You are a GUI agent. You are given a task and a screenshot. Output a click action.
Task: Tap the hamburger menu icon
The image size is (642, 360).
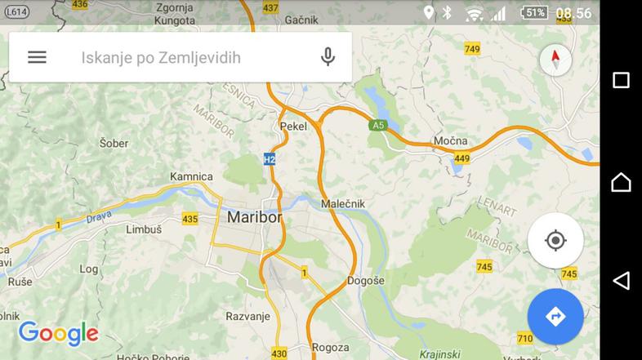click(37, 57)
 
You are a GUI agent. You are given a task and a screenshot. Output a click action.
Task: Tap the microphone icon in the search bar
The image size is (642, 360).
click(328, 57)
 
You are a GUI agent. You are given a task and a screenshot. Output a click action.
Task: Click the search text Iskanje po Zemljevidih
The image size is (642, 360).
click(161, 58)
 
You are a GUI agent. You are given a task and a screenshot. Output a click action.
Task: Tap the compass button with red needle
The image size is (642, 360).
click(555, 60)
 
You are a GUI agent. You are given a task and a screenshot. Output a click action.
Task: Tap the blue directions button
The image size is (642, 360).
click(555, 316)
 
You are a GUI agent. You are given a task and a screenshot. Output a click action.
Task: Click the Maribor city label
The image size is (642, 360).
click(254, 218)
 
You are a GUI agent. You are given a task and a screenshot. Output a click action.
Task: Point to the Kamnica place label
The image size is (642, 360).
click(191, 176)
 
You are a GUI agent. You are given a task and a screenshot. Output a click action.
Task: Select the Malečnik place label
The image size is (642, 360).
click(343, 203)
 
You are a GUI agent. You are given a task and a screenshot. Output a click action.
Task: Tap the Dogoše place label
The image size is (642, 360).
click(365, 280)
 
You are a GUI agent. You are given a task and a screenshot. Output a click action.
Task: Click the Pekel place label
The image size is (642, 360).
click(293, 127)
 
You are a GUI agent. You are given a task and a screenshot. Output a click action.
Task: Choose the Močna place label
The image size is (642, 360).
click(450, 140)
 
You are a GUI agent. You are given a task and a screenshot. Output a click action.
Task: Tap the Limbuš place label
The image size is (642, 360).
click(144, 230)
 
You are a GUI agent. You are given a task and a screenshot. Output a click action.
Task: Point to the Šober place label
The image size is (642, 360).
click(114, 143)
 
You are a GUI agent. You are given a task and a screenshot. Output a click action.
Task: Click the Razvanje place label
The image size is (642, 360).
click(247, 315)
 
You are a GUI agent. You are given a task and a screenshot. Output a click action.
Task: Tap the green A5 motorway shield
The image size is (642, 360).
click(377, 126)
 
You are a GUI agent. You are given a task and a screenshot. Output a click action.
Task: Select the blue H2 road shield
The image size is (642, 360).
click(270, 159)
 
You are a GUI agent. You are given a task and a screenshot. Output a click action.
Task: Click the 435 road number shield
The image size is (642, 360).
click(190, 219)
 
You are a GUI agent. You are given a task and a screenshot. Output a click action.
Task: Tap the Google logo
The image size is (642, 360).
click(58, 333)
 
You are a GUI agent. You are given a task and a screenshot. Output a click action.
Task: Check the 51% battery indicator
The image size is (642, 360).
click(535, 12)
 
